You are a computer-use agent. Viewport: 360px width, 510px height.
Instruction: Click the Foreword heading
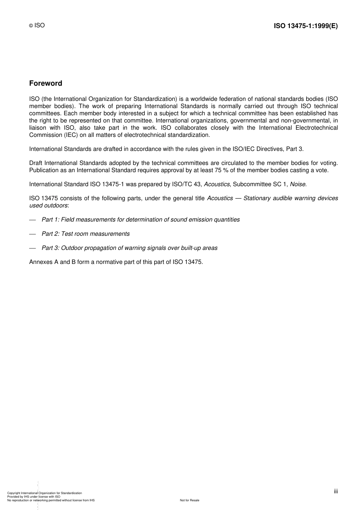(x=45, y=83)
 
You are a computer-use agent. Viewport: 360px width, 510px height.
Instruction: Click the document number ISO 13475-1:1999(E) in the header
(x=305, y=26)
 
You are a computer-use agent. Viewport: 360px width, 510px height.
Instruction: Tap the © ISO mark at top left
(x=37, y=25)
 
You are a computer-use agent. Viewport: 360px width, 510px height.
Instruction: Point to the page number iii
(x=336, y=491)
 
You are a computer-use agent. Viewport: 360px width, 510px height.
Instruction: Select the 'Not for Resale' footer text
(x=189, y=500)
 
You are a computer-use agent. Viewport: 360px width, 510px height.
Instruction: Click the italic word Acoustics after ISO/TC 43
(x=217, y=184)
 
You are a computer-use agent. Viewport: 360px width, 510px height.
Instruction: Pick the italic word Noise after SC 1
(x=298, y=184)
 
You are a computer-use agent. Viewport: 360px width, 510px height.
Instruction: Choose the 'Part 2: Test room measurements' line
(x=86, y=234)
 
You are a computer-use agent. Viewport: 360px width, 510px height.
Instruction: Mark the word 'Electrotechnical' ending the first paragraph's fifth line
(x=317, y=128)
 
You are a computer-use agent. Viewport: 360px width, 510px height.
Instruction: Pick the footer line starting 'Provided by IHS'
(x=34, y=497)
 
